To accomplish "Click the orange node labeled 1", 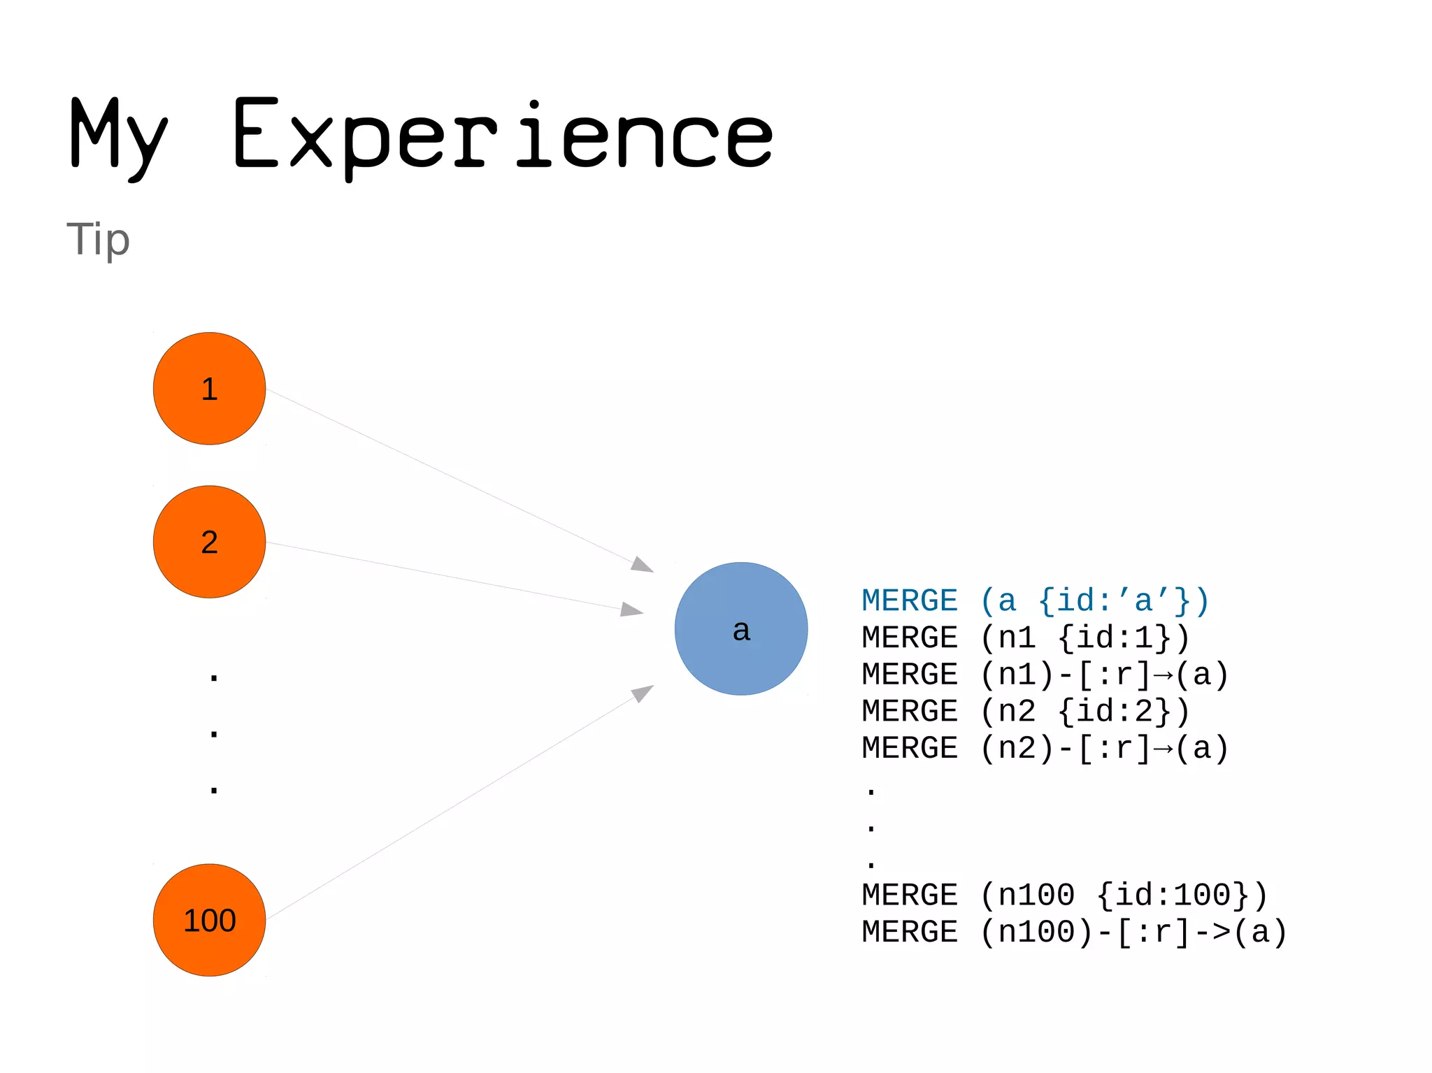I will [209, 389].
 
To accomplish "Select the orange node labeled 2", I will [209, 542].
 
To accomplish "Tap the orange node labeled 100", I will [209, 920].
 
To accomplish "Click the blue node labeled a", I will [741, 628].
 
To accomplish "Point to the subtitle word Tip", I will [98, 240].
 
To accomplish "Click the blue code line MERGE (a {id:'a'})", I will [1035, 601].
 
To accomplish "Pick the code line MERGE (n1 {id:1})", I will [1025, 638].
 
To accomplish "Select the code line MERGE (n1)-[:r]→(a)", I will [1045, 675].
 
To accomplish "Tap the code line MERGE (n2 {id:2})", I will [1025, 712].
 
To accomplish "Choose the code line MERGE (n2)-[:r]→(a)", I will [1045, 748].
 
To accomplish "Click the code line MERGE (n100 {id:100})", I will [1064, 895].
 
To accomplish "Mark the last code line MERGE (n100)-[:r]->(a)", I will [1074, 932].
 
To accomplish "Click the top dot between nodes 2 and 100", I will [214, 677].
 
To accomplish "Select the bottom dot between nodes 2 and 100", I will [214, 790].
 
